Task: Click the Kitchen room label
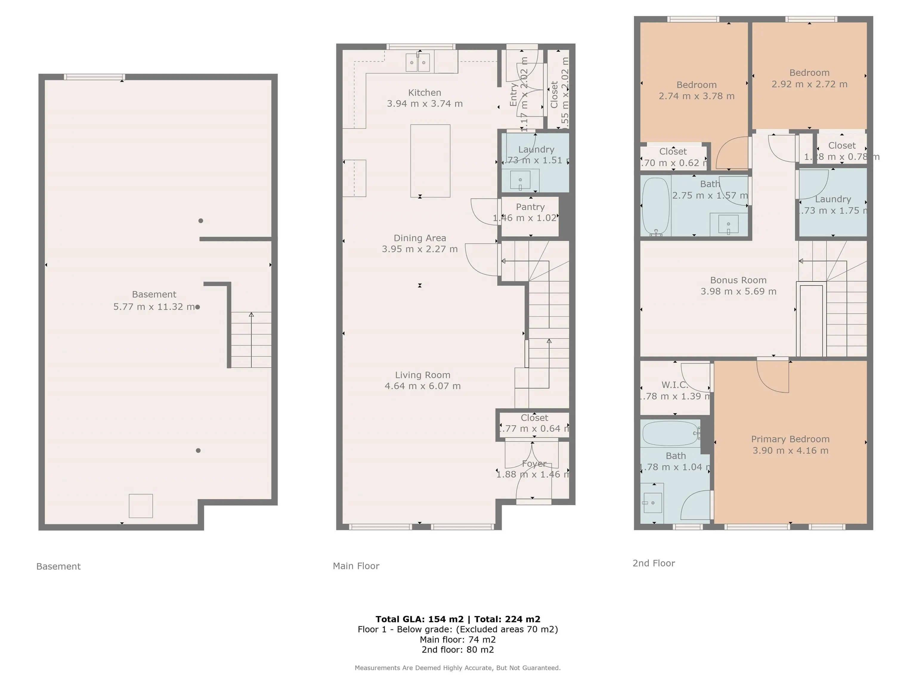tap(425, 93)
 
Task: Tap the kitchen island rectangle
tap(430, 161)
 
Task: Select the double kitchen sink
tap(417, 63)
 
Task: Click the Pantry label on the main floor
tap(530, 207)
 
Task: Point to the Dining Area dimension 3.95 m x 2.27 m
tap(420, 249)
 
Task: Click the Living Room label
tap(423, 375)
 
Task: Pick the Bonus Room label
tap(738, 280)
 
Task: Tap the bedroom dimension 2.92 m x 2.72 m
tap(809, 84)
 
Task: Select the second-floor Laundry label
tap(833, 199)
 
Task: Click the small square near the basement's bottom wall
tap(141, 506)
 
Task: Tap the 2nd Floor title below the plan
tap(654, 563)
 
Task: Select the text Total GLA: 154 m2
tap(419, 619)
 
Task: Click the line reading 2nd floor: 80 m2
tap(458, 649)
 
